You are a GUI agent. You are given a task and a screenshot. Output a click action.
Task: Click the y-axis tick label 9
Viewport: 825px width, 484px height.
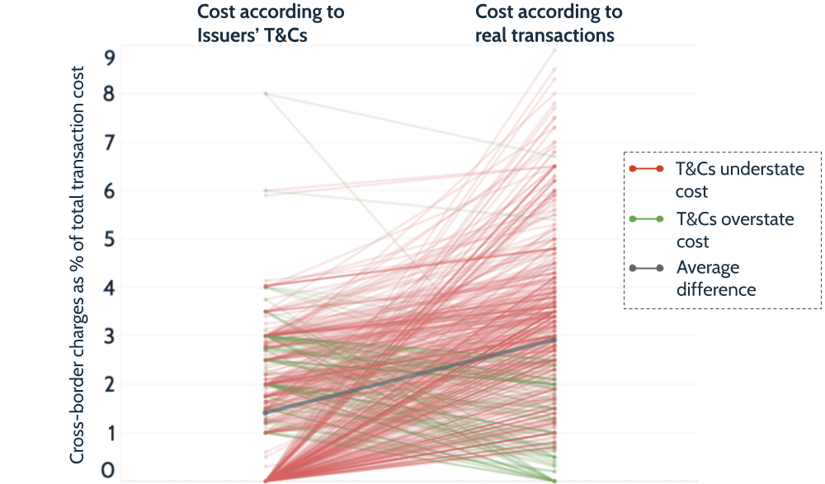pyautogui.click(x=109, y=58)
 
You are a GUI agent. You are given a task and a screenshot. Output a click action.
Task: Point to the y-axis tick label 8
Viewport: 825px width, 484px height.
pyautogui.click(x=109, y=94)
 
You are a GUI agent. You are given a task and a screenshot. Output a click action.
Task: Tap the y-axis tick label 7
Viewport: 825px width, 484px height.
pyautogui.click(x=109, y=143)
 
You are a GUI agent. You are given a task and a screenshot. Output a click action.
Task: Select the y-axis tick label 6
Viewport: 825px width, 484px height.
pyautogui.click(x=109, y=191)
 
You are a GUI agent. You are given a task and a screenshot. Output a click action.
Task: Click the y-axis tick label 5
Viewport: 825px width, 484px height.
pyautogui.click(x=109, y=239)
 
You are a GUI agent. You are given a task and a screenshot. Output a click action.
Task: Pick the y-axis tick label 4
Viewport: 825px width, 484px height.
pyautogui.click(x=109, y=288)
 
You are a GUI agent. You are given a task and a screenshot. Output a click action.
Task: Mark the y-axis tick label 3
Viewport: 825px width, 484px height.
pyautogui.click(x=109, y=336)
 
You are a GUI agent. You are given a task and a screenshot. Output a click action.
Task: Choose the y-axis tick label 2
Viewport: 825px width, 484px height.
pyautogui.click(x=109, y=384)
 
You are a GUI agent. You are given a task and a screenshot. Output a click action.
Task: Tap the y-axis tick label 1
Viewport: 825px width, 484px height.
pyautogui.click(x=109, y=433)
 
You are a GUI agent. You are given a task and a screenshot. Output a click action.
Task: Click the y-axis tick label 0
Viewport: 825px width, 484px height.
pyautogui.click(x=109, y=472)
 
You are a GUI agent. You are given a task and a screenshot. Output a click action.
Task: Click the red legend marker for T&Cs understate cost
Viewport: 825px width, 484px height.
pyautogui.click(x=647, y=169)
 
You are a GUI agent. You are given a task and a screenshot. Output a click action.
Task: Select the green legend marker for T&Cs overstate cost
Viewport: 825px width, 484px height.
pyautogui.click(x=647, y=219)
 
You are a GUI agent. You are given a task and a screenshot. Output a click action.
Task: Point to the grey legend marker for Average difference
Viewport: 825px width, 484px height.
pyautogui.click(x=647, y=268)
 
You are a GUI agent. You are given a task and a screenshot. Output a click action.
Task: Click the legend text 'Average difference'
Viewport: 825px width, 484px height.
pyautogui.click(x=716, y=279)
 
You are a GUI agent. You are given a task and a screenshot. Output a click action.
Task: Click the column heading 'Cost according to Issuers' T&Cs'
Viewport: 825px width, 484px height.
pyautogui.click(x=271, y=23)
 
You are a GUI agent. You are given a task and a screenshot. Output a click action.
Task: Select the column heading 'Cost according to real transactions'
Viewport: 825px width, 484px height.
pyautogui.click(x=549, y=23)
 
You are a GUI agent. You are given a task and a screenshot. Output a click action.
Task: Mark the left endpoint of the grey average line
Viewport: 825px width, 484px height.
pyautogui.click(x=266, y=412)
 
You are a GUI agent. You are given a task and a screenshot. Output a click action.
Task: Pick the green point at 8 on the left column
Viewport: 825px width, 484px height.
pyautogui.click(x=266, y=93)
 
